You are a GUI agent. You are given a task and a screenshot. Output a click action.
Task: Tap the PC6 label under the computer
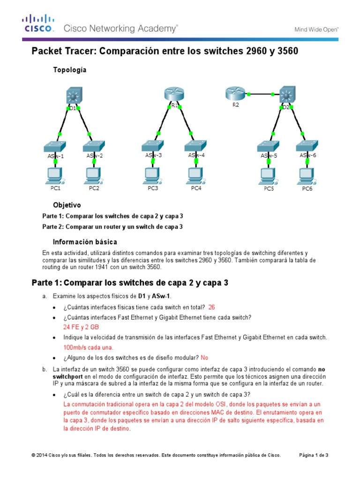click(307, 189)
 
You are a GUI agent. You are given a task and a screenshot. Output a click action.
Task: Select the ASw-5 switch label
click(269, 156)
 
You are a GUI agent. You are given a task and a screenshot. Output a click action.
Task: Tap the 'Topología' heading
click(70, 70)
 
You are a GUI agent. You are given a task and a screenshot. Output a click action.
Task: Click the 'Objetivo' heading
click(67, 205)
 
